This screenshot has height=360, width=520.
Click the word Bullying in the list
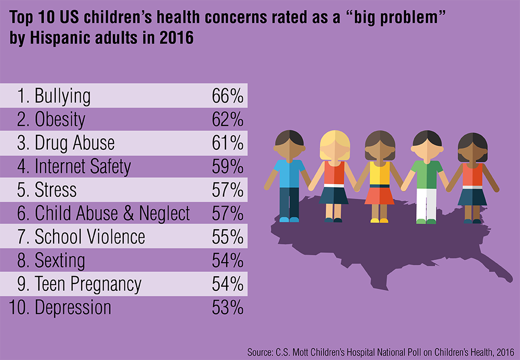(62, 96)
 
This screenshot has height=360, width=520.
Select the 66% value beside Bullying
(228, 96)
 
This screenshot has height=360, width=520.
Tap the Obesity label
(60, 120)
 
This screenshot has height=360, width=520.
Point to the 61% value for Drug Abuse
(228, 143)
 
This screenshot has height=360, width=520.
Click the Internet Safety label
(83, 166)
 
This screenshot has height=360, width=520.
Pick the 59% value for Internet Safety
(228, 166)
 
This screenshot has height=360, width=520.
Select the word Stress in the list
(56, 190)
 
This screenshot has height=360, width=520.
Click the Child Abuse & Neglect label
(112, 213)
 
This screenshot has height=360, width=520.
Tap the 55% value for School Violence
(228, 237)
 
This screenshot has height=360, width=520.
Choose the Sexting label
(60, 260)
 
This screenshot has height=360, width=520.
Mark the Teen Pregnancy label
(88, 284)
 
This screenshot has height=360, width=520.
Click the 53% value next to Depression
(228, 307)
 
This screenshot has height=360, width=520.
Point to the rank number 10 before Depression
(19, 307)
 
